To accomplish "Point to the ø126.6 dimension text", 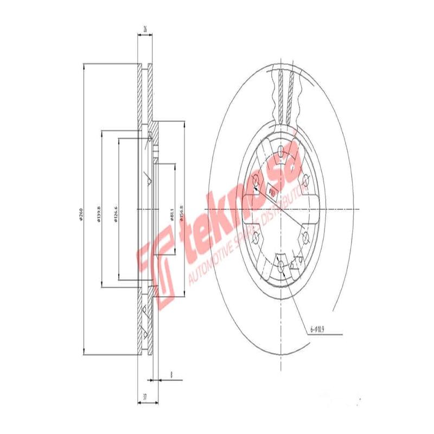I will pos(116,213).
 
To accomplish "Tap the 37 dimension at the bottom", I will pos(144,397).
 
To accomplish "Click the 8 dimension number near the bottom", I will pos(171,374).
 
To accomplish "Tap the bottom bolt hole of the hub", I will pos(280,266).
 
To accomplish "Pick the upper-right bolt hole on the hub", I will pos(305,179).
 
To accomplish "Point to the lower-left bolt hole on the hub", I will pos(257,237).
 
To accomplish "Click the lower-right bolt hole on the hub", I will pos(305,237).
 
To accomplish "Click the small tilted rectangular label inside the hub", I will pos(271,190).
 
